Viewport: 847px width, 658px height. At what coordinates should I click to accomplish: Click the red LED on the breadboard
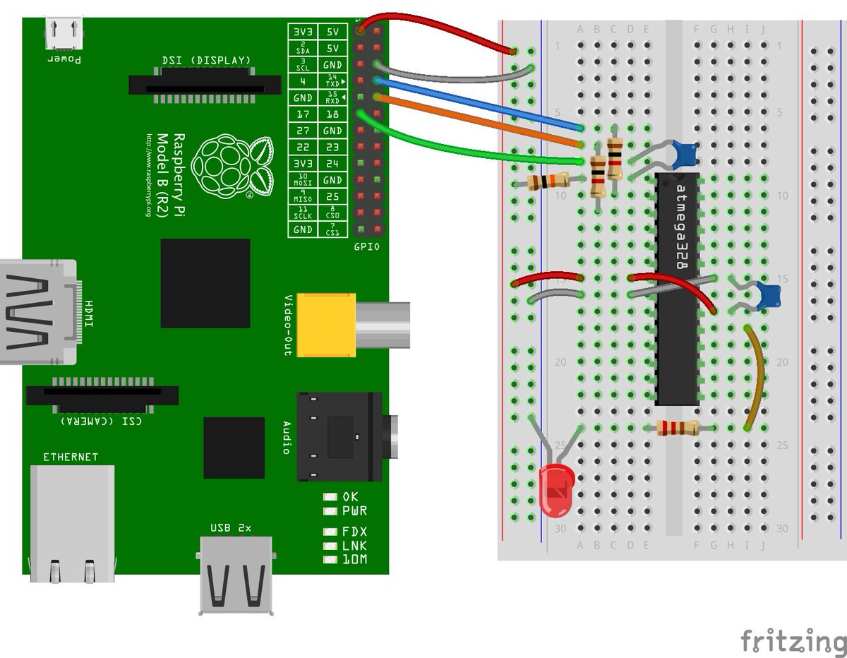click(556, 489)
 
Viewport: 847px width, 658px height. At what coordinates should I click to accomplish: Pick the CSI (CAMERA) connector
click(102, 395)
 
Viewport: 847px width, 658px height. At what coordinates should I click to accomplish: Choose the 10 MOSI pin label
click(303, 180)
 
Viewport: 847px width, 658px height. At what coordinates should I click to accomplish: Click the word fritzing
click(793, 642)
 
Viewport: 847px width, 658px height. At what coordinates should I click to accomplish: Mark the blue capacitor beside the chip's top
click(683, 152)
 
